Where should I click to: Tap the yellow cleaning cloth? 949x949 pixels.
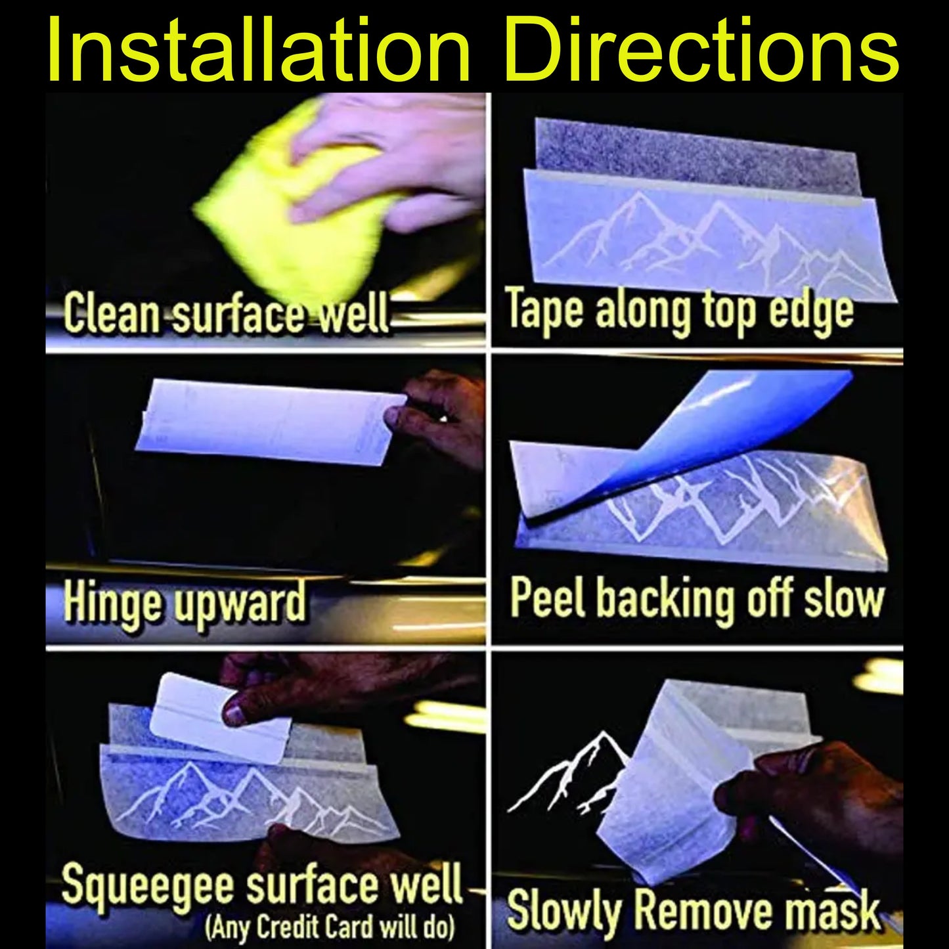coord(290,202)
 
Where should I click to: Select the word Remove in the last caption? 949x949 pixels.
coord(705,909)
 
